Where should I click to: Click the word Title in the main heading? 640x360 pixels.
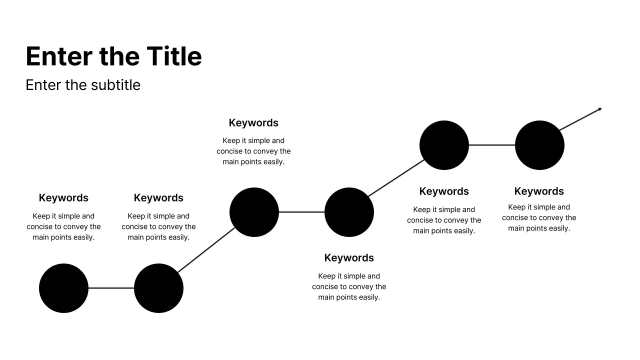(x=174, y=56)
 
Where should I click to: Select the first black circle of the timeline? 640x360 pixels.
(x=63, y=288)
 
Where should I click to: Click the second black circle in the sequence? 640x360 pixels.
(x=158, y=288)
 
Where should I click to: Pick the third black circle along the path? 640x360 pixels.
(x=254, y=212)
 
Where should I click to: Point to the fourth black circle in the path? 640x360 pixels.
(x=349, y=212)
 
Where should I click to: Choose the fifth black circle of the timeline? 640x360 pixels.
(x=444, y=145)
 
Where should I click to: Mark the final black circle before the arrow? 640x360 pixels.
(x=539, y=145)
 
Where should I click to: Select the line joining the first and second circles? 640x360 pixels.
(x=111, y=288)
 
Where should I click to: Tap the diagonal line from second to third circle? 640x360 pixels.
(x=206, y=250)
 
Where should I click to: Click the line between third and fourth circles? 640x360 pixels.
(x=301, y=212)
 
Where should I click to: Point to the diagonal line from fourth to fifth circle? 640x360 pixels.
(x=396, y=178)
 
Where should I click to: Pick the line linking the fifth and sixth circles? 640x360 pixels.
(x=491, y=145)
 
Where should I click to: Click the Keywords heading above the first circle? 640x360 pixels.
(x=63, y=198)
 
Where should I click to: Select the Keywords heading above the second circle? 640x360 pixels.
(x=158, y=198)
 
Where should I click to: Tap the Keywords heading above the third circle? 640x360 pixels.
(x=253, y=123)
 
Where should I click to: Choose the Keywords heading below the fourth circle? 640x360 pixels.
(x=349, y=258)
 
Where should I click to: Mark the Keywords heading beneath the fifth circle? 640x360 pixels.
(x=444, y=191)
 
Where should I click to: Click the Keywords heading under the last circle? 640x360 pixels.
(x=539, y=191)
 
